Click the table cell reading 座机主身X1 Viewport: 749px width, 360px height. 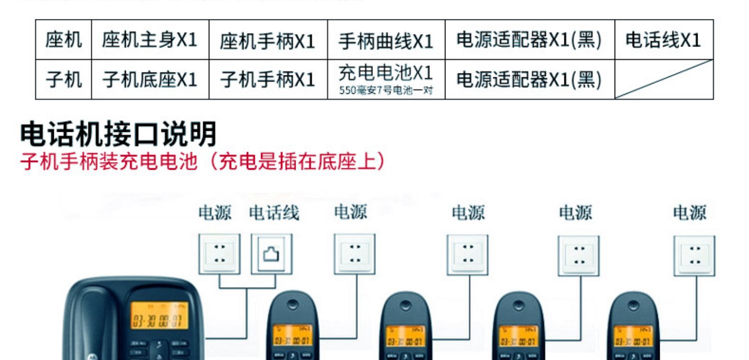[150, 40]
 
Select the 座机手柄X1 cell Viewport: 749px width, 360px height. [268, 40]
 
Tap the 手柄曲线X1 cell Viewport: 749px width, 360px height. [385, 40]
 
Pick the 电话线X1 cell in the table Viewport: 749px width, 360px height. [663, 40]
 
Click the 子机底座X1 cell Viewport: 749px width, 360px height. [150, 79]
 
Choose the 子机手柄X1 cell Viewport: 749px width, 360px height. [268, 79]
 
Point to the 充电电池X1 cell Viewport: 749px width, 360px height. [385, 79]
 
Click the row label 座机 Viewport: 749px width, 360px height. [63, 40]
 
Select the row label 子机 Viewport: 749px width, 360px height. [63, 79]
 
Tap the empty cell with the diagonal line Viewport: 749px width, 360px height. [663, 79]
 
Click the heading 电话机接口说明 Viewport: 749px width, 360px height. [119, 134]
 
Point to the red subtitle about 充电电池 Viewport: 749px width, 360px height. [203, 162]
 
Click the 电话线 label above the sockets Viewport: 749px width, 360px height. [274, 213]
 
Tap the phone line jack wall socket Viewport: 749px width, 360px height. [272, 254]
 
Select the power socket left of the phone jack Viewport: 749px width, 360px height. [220, 254]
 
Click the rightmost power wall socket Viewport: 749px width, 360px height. [694, 255]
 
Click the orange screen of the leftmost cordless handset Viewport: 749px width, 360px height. [292, 336]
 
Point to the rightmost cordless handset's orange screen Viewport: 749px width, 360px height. [633, 336]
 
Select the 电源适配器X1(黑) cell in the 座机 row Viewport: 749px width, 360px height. [529, 40]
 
